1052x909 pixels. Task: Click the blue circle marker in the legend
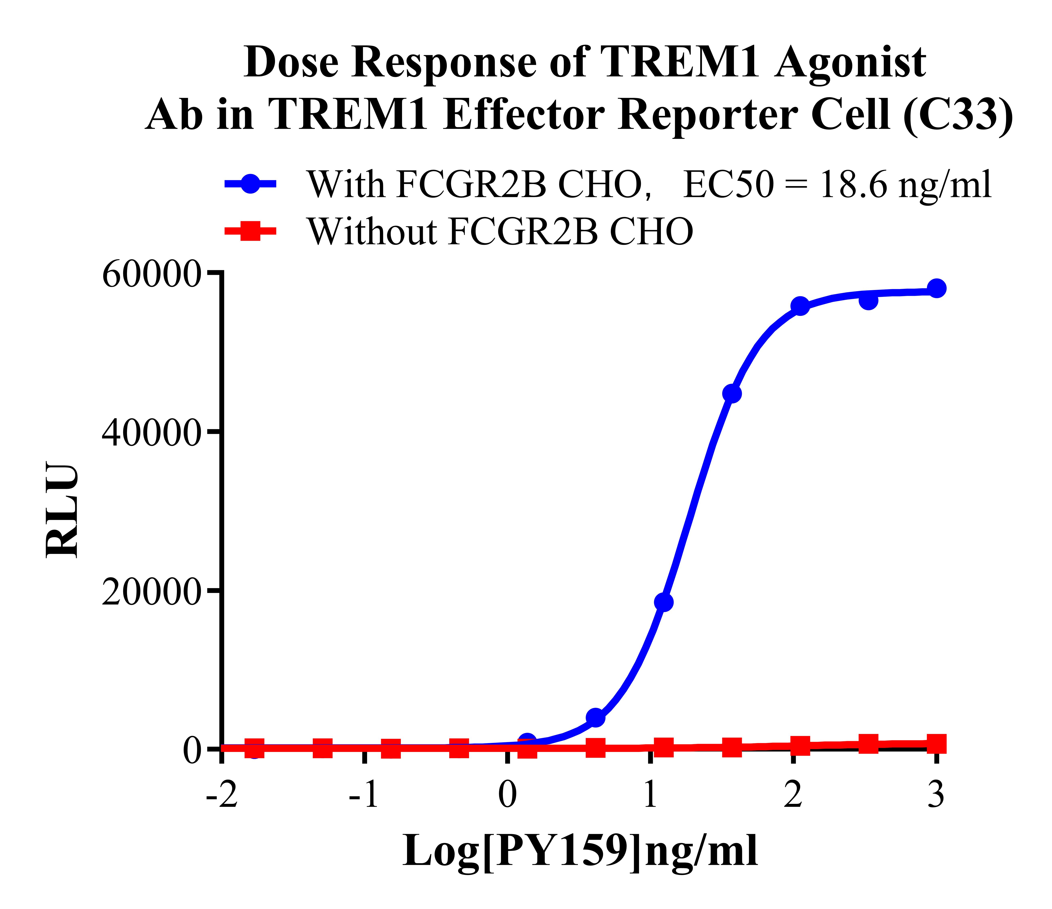[x=250, y=184]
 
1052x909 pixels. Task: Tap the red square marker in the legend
[x=250, y=231]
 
